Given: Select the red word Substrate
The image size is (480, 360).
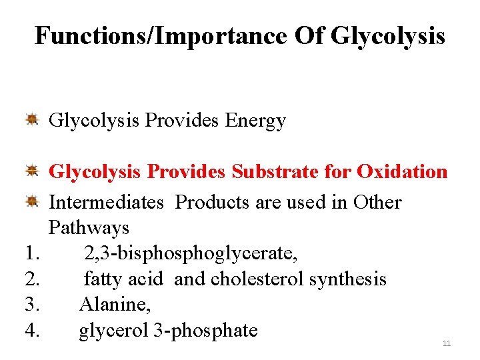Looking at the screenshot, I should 275,171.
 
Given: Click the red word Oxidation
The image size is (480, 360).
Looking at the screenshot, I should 402,171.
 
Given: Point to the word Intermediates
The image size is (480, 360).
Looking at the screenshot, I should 107,202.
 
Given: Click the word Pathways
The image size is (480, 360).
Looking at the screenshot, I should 89,228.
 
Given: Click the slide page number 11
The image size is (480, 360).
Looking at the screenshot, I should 447,343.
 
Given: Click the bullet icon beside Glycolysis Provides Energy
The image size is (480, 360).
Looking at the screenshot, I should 31,120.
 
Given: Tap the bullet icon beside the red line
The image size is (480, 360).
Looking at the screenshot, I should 31,171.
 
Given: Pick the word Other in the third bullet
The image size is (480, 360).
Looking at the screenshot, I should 377,202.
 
